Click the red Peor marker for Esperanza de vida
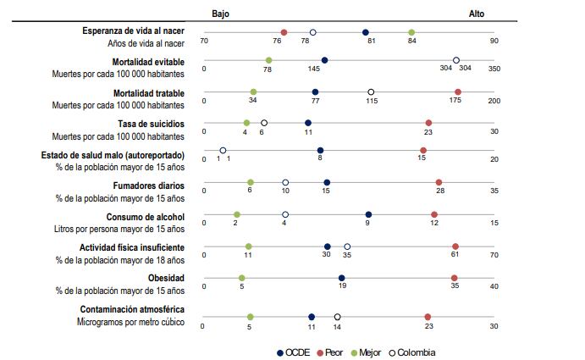pyautogui.click(x=284, y=32)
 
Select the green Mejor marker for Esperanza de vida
pyautogui.click(x=411, y=32)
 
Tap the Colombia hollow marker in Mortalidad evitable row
pyautogui.click(x=456, y=60)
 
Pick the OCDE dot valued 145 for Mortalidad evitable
pyautogui.click(x=324, y=60)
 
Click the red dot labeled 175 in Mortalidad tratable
pyautogui.click(x=457, y=91)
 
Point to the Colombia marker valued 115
pyautogui.click(x=371, y=91)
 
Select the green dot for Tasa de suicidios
pyautogui.click(x=246, y=123)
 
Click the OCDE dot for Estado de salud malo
pyautogui.click(x=320, y=151)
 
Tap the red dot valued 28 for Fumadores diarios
pyautogui.click(x=439, y=182)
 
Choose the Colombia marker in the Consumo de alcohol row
pyautogui.click(x=284, y=214)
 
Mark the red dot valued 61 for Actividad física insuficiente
pyautogui.click(x=455, y=246)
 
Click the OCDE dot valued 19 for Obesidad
pyautogui.click(x=341, y=277)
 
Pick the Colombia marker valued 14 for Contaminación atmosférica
pyautogui.click(x=337, y=316)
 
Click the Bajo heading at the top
pyautogui.click(x=220, y=14)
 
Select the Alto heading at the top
pyautogui.click(x=477, y=14)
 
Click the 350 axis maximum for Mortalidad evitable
pyautogui.click(x=494, y=69)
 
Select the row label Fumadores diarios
pyautogui.click(x=148, y=185)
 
